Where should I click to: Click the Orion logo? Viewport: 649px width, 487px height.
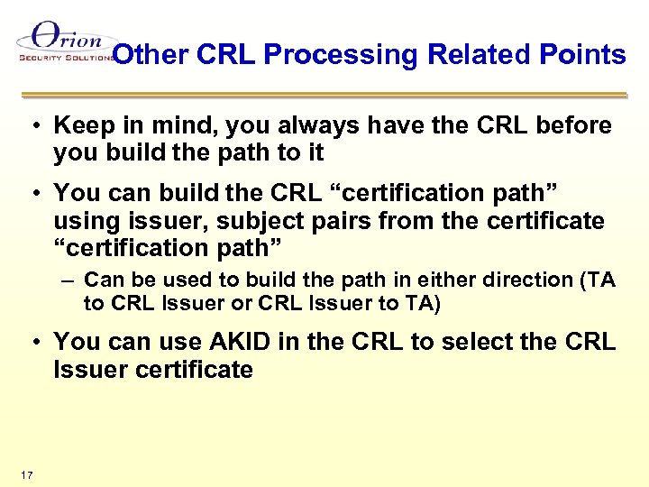point(63,42)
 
